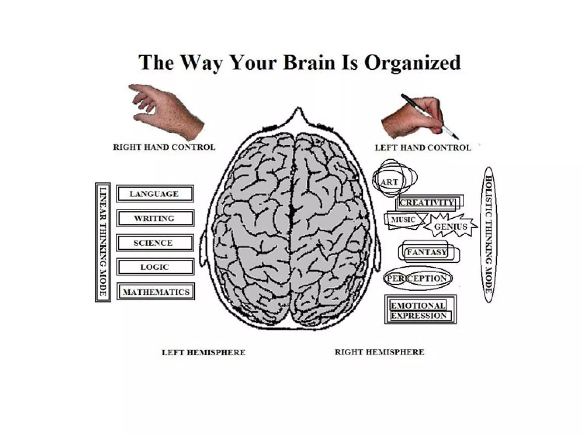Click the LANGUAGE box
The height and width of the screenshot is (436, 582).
(155, 194)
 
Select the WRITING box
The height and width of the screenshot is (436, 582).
(155, 218)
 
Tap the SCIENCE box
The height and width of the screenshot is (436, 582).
(155, 243)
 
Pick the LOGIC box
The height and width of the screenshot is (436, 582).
(155, 267)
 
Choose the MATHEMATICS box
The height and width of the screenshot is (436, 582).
(156, 292)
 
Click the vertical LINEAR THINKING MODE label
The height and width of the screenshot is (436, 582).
(103, 242)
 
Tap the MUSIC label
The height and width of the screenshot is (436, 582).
(404, 220)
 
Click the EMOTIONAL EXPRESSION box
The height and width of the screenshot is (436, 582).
(420, 310)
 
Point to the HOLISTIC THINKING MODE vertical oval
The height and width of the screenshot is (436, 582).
(489, 235)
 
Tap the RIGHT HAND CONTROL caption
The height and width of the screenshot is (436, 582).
(164, 147)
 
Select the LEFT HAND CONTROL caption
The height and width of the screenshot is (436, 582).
(423, 148)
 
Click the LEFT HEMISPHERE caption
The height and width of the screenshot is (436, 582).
(203, 353)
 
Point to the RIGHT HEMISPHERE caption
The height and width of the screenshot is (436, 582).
(379, 352)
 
